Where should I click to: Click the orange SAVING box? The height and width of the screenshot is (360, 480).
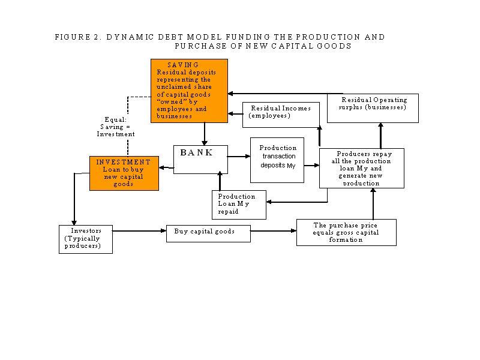click(189, 91)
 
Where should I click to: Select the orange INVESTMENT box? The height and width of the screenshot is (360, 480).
click(124, 173)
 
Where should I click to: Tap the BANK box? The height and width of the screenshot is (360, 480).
click(200, 160)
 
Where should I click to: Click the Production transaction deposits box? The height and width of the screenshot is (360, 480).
click(277, 160)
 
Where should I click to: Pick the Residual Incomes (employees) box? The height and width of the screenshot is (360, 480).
click(281, 115)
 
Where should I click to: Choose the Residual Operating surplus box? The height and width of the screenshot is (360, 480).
click(373, 108)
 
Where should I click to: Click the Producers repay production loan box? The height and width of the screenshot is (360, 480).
click(362, 168)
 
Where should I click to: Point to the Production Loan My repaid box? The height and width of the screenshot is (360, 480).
click(239, 205)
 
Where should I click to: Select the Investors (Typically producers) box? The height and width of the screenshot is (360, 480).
click(86, 239)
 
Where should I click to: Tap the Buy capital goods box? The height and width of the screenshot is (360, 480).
click(208, 233)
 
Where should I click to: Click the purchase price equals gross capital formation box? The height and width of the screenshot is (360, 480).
click(346, 232)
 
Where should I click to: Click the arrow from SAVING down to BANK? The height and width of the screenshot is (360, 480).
click(205, 134)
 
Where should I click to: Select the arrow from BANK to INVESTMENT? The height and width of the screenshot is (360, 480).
click(166, 167)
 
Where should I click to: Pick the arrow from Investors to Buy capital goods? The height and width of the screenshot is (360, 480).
click(139, 231)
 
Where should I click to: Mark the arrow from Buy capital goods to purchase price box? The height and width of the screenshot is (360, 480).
click(274, 231)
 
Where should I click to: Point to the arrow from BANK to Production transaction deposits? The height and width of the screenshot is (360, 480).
click(239, 157)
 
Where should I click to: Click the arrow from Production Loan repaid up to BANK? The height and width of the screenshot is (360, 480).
click(220, 181)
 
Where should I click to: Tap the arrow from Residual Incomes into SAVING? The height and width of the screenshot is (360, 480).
click(235, 114)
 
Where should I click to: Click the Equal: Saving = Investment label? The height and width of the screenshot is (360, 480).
click(116, 127)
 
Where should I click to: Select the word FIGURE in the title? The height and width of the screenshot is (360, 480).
click(73, 37)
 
